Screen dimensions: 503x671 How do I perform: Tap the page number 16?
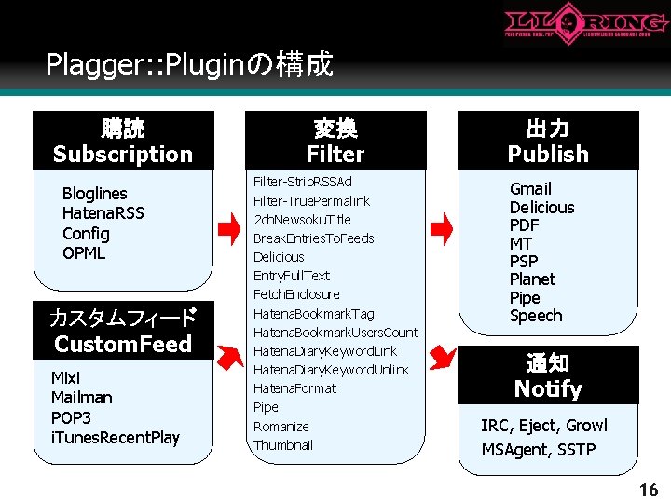point(648,489)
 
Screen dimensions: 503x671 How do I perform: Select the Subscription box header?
point(123,141)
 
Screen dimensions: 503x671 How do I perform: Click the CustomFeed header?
point(123,331)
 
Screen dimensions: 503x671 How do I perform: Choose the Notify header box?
point(548,375)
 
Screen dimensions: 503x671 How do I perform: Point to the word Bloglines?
point(94,194)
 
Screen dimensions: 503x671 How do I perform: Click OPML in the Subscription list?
point(84,252)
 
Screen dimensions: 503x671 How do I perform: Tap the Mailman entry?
point(81,398)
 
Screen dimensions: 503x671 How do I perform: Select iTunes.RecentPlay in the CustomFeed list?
point(116,437)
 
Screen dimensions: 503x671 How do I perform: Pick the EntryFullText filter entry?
point(292,276)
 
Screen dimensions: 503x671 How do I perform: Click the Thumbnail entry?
point(283,445)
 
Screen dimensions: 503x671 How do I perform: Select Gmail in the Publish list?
point(530,189)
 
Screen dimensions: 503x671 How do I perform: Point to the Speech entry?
point(536,316)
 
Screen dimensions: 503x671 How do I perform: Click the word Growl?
point(587,426)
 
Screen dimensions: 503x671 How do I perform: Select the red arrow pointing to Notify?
point(445,355)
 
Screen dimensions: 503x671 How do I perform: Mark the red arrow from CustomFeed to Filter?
point(227,355)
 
